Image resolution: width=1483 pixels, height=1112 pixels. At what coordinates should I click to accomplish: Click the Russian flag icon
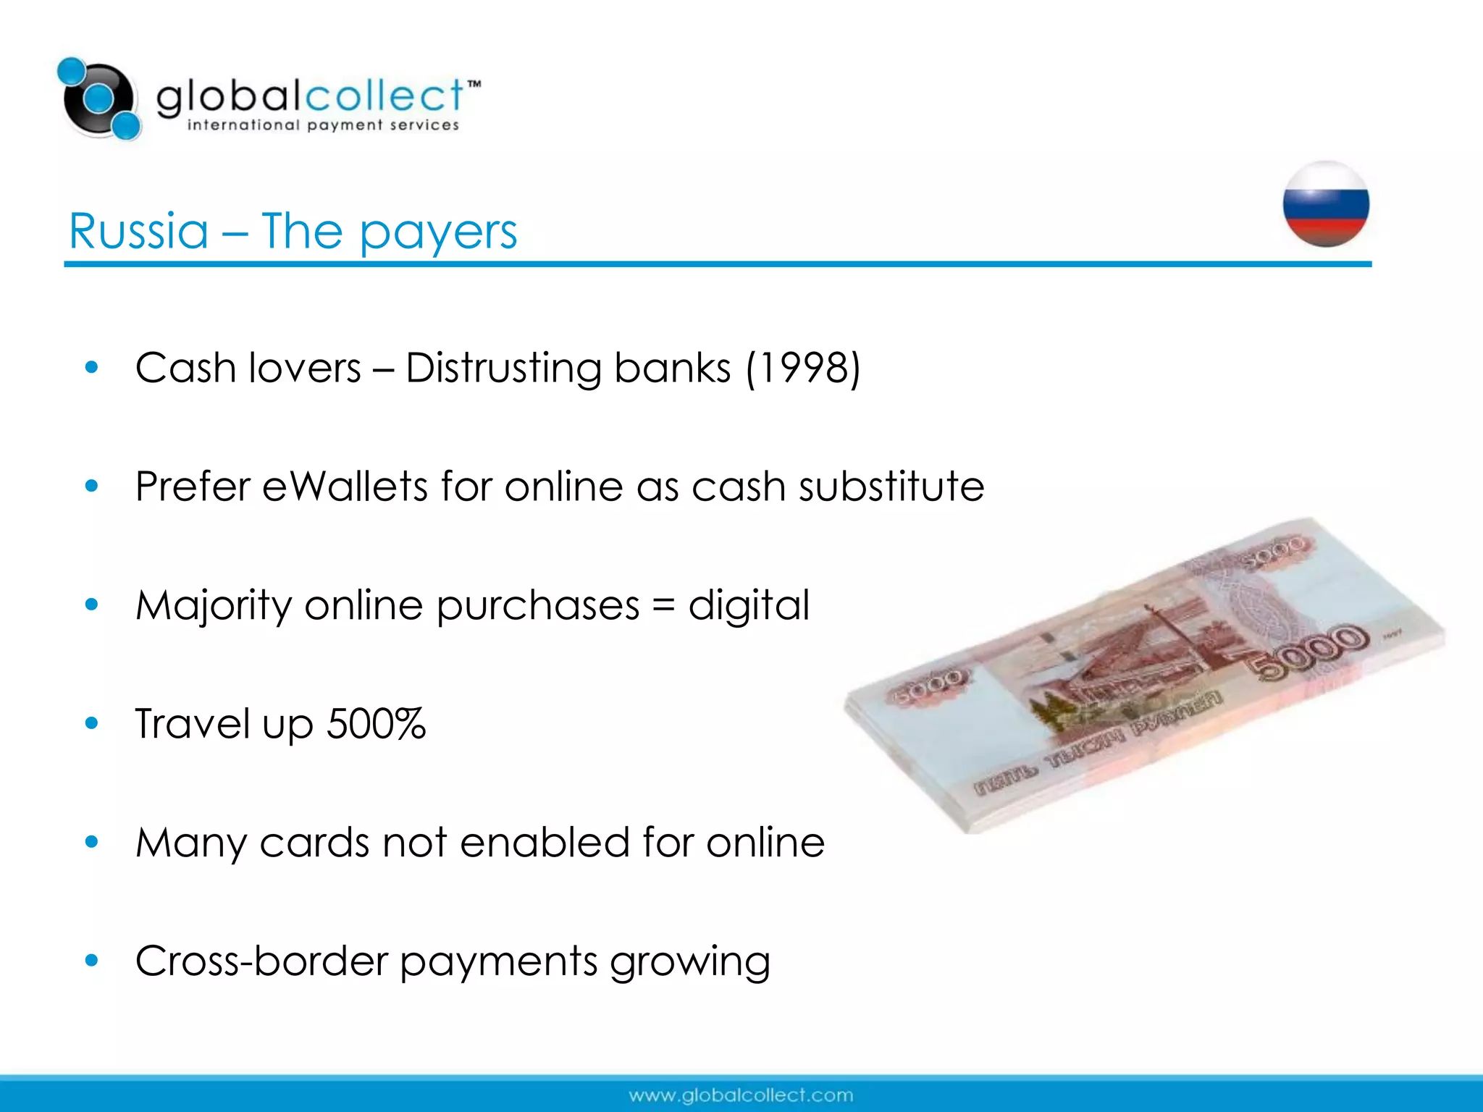click(x=1326, y=204)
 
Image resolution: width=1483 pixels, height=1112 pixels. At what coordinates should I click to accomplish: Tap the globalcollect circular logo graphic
click(x=100, y=98)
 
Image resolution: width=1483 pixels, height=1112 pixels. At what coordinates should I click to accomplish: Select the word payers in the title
click(x=438, y=233)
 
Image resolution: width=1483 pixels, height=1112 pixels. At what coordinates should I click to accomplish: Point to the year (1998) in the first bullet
click(x=803, y=368)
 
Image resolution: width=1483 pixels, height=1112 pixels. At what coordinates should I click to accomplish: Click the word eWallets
click(x=345, y=486)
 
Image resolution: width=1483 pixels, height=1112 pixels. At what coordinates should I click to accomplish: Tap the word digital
click(x=748, y=605)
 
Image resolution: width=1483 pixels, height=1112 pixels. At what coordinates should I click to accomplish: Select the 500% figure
click(x=376, y=723)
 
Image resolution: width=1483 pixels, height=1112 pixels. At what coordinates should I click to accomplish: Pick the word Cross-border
click(x=261, y=961)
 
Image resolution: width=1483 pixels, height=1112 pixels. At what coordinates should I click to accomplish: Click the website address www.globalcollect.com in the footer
click(x=741, y=1095)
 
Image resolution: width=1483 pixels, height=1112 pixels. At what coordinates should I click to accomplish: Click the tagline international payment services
click(x=323, y=125)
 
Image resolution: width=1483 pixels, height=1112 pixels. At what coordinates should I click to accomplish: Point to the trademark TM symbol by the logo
click(x=474, y=85)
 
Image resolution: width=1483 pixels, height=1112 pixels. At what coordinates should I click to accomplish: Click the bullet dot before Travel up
click(x=91, y=723)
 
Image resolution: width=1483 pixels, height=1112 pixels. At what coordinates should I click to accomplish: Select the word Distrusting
click(x=503, y=368)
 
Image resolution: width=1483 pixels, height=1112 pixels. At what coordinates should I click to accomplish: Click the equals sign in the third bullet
click(x=663, y=605)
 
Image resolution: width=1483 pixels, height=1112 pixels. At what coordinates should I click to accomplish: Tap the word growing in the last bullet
click(x=689, y=962)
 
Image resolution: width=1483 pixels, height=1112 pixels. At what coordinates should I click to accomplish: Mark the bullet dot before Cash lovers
click(x=91, y=367)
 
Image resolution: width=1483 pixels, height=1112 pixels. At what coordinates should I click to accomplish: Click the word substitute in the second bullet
click(x=891, y=486)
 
